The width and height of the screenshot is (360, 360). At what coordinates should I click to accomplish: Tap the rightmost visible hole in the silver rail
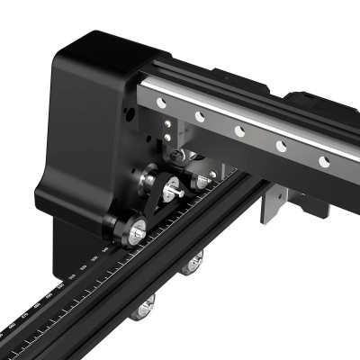(325, 159)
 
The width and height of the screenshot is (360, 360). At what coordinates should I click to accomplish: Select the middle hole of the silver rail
(239, 130)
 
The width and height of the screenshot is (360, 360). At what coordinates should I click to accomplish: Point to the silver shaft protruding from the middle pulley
(181, 189)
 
